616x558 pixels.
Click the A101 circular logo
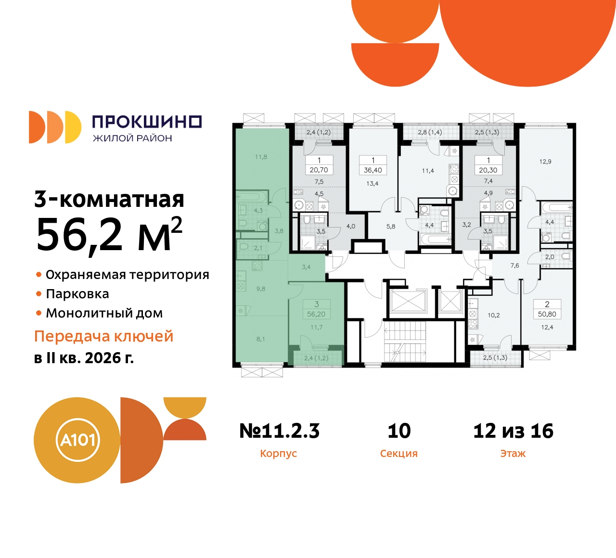[77, 440]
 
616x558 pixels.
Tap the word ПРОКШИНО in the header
[147, 122]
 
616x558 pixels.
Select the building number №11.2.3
[280, 431]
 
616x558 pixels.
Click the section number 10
[399, 431]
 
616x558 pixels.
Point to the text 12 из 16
[513, 431]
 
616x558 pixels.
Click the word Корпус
[278, 454]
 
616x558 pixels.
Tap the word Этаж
[513, 454]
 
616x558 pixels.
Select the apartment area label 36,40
[373, 170]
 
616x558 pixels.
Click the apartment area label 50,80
[547, 314]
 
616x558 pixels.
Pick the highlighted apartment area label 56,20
[316, 314]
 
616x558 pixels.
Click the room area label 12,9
[545, 162]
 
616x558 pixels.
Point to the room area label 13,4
[372, 183]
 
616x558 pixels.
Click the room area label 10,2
[494, 316]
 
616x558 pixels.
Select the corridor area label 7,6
[515, 266]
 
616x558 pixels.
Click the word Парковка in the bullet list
[77, 294]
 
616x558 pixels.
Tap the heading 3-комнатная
[109, 199]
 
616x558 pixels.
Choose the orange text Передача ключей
[103, 336]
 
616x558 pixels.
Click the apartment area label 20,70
[319, 170]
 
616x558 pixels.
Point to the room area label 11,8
[261, 157]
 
